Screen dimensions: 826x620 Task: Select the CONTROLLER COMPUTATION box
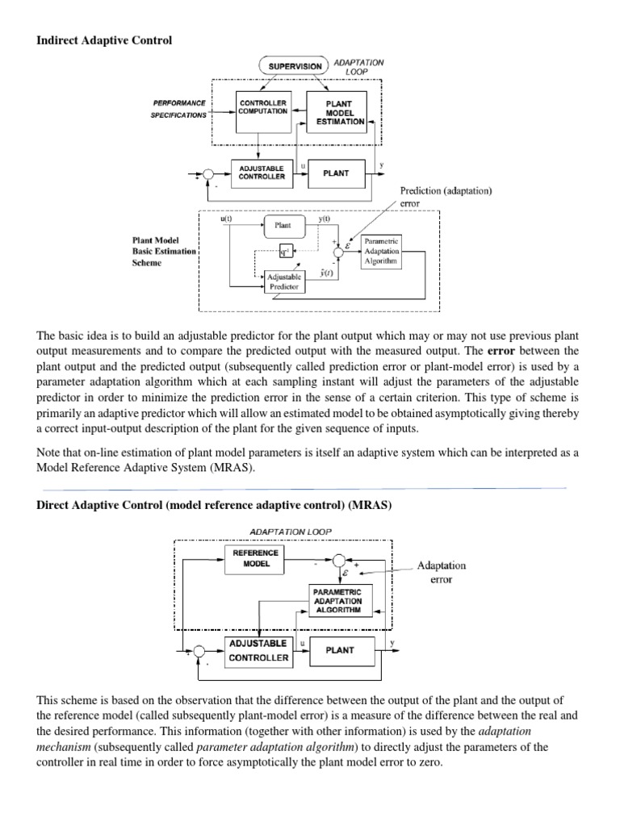pos(262,107)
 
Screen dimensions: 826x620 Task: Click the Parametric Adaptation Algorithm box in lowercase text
pos(381,250)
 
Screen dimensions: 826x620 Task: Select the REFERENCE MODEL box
pos(255,558)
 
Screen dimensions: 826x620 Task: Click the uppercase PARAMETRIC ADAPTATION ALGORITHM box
pos(337,602)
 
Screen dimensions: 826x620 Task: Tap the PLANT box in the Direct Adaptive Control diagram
pos(341,650)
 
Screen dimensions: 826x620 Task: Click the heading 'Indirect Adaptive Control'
pos(105,40)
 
